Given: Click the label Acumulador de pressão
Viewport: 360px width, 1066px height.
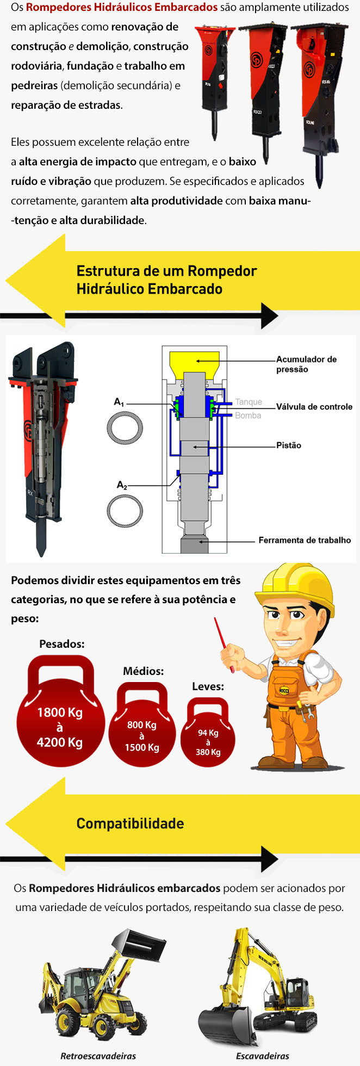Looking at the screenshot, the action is pyautogui.click(x=306, y=364).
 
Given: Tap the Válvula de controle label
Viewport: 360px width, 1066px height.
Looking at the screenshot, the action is pyautogui.click(x=314, y=407).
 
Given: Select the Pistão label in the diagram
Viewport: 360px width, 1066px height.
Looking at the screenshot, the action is pyautogui.click(x=289, y=445).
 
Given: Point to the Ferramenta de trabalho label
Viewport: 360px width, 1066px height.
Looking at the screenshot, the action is pyautogui.click(x=305, y=540).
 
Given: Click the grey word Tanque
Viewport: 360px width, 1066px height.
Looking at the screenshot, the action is pyautogui.click(x=249, y=402).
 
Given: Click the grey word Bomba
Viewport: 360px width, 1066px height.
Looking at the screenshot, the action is pyautogui.click(x=248, y=416).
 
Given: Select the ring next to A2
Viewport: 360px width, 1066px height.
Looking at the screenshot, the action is pyautogui.click(x=125, y=511).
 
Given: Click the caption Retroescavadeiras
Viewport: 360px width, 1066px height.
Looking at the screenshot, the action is pyautogui.click(x=98, y=1056).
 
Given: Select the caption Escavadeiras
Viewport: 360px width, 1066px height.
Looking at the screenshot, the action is pyautogui.click(x=263, y=1056).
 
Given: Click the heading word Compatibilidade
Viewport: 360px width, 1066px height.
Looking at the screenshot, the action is pyautogui.click(x=130, y=823).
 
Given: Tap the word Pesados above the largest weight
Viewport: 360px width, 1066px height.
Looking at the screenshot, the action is pyautogui.click(x=62, y=644).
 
